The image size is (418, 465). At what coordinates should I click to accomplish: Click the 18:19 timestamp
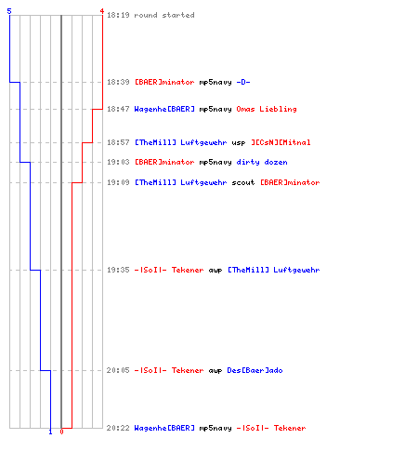coord(118,15)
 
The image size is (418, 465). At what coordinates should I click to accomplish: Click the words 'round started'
coord(164,15)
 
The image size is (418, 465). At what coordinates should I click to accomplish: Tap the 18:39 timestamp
coord(118,82)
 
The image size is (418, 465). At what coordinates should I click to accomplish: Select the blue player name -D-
coord(243,82)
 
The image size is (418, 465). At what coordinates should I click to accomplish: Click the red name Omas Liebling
coord(267,109)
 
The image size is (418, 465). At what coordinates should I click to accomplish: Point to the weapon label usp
coord(239,143)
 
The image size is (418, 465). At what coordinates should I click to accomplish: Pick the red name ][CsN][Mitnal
coord(281,142)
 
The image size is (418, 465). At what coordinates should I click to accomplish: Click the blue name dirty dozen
coord(262,162)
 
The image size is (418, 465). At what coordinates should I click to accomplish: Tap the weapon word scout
coord(243,182)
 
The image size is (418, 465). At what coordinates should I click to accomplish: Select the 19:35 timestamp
coord(118,270)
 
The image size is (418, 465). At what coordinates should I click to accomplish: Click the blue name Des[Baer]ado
coord(255,370)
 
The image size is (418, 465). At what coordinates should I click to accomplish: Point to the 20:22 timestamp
coord(118,428)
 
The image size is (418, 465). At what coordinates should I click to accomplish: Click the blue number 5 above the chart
coord(9,11)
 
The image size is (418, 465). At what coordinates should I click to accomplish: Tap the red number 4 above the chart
coord(102,11)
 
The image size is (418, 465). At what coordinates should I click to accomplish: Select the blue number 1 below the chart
coord(50,432)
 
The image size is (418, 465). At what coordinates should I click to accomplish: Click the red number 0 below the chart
coord(61,432)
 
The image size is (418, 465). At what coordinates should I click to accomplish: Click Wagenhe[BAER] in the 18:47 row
coord(164,109)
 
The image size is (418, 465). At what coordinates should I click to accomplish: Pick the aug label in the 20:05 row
coord(216,371)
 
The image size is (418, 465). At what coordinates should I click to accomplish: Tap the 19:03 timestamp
coord(118,162)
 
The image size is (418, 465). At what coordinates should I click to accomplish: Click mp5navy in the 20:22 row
coord(216,429)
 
